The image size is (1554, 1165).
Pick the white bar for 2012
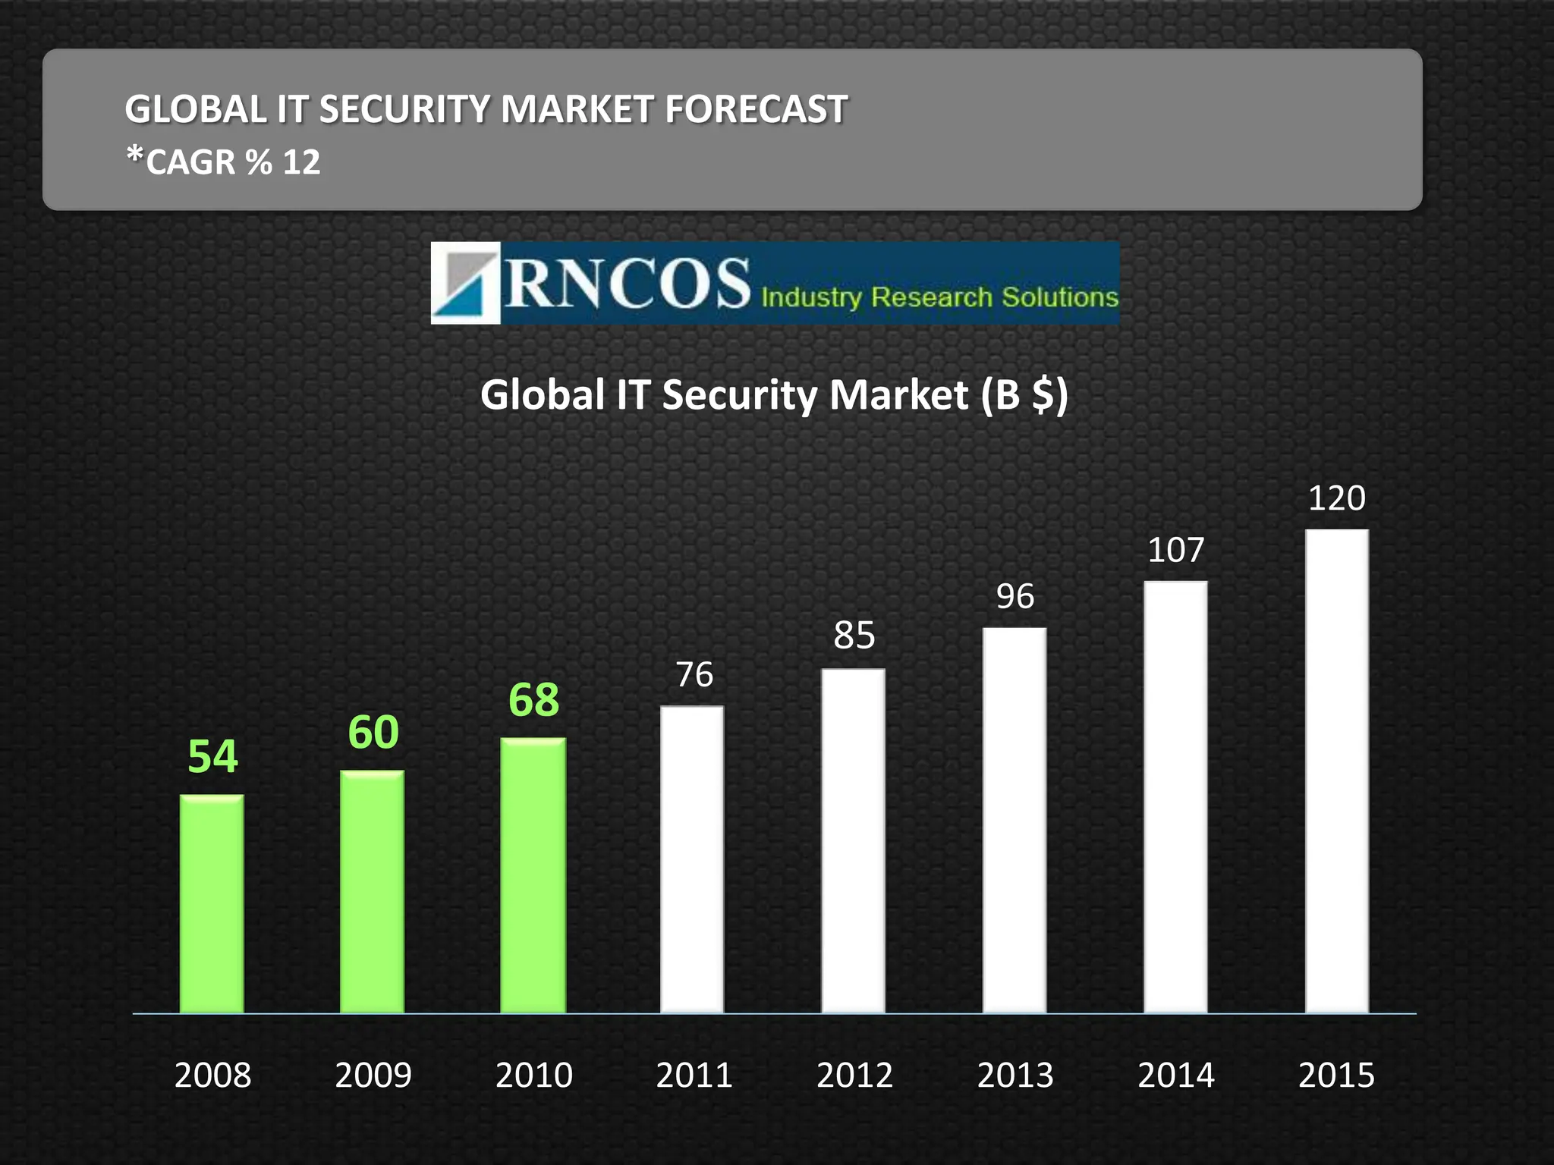(853, 840)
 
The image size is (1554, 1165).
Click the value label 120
(1336, 498)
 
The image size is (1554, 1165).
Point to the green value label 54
(212, 756)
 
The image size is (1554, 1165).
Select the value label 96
(1015, 597)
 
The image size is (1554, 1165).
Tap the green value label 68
(533, 699)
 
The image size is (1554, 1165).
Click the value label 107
(1175, 550)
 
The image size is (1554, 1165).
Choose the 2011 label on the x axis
(694, 1075)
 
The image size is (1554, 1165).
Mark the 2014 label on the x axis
(1175, 1075)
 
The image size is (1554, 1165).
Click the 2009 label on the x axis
(373, 1075)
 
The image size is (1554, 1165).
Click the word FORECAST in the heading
(756, 109)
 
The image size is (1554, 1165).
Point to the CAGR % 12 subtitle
(223, 162)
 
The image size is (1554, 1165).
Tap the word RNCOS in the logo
(627, 283)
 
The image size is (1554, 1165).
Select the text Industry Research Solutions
(939, 297)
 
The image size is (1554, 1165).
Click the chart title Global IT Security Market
(773, 395)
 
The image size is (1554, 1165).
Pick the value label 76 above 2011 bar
(694, 674)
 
